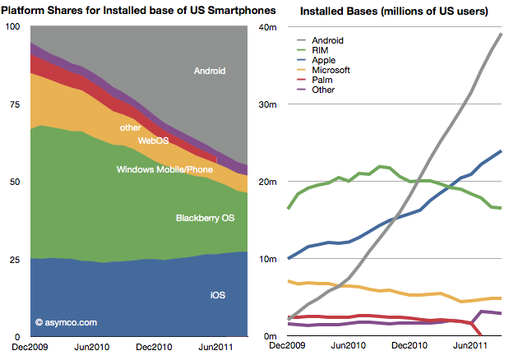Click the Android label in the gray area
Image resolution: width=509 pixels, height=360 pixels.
pyautogui.click(x=211, y=72)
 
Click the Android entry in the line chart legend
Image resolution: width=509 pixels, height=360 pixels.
pyautogui.click(x=327, y=39)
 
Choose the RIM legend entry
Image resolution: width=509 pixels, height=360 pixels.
pyautogui.click(x=321, y=49)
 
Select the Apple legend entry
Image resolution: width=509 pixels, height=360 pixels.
pyautogui.click(x=324, y=60)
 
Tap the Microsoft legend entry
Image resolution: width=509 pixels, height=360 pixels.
pyautogui.click(x=331, y=70)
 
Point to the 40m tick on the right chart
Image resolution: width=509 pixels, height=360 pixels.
pyautogui.click(x=268, y=27)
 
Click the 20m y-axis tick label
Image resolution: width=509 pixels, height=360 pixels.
pyautogui.click(x=268, y=182)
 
